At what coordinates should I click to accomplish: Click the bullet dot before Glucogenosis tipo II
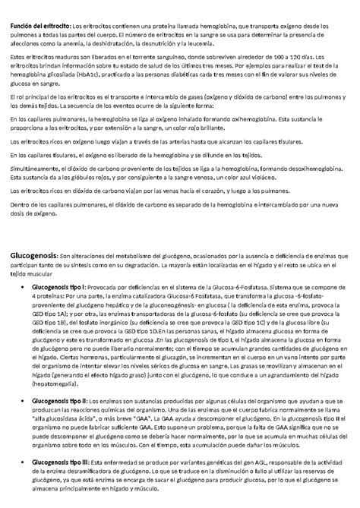pyautogui.click(x=26, y=400)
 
